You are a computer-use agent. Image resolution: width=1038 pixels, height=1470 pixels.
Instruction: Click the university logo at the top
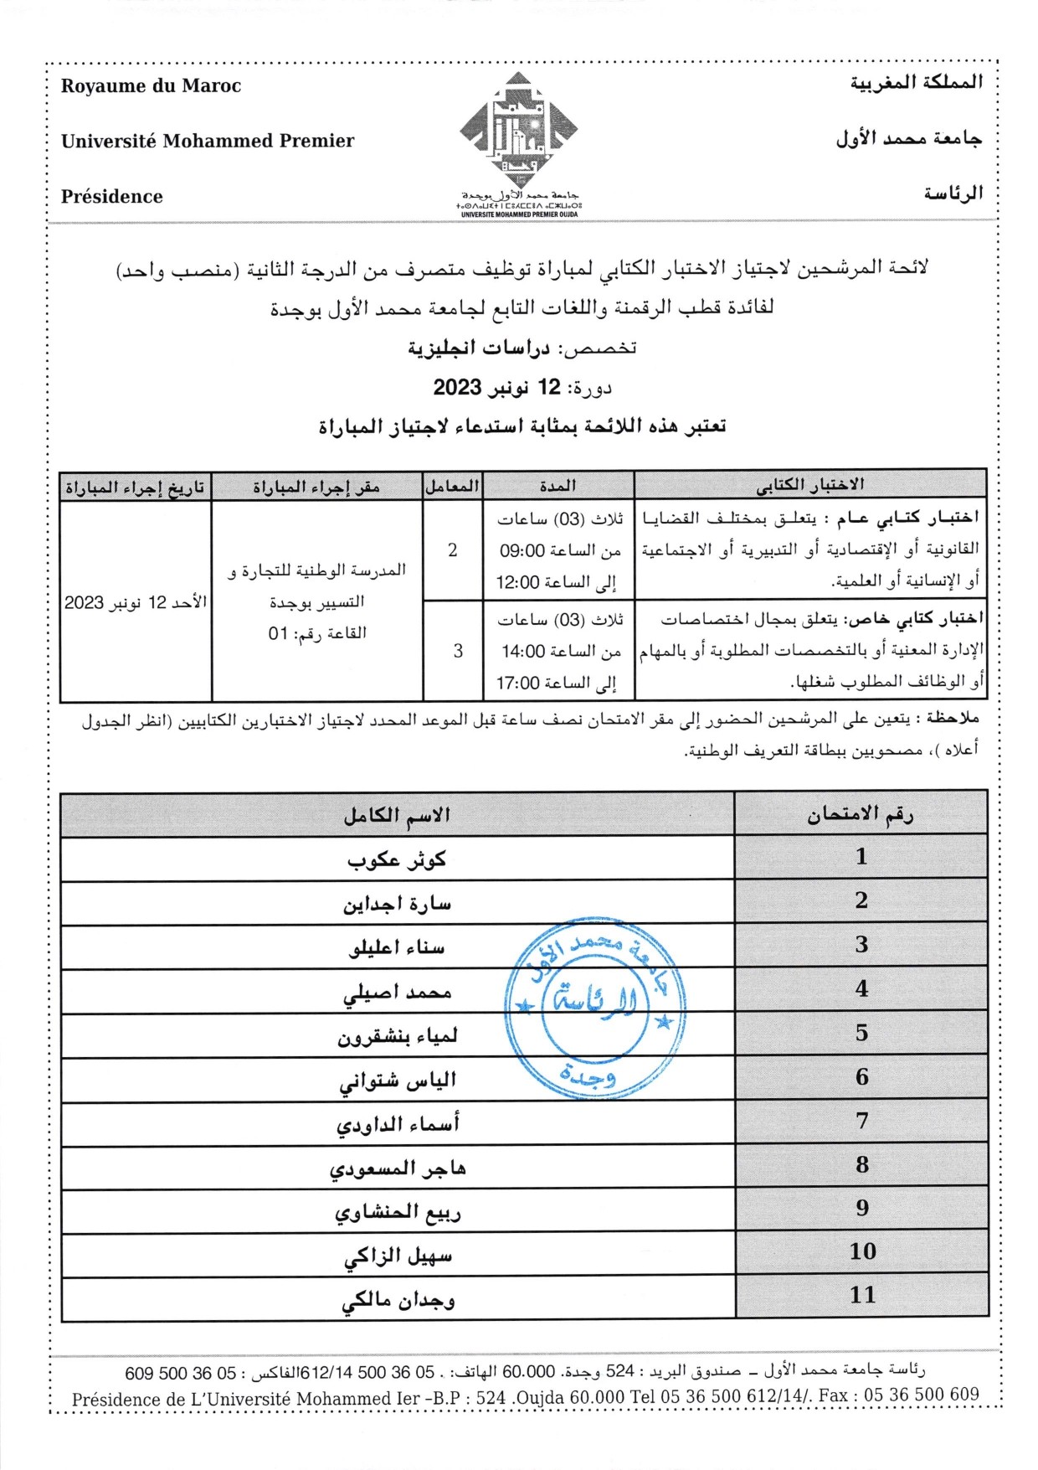(x=519, y=134)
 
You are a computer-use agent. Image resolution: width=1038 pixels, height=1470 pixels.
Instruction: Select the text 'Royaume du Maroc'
(x=151, y=86)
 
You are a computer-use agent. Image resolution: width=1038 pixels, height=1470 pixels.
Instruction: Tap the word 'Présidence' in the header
(x=112, y=197)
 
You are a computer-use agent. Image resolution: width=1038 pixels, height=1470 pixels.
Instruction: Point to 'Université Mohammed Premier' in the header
(x=208, y=141)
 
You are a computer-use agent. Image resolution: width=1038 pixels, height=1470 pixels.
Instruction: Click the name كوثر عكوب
(x=397, y=859)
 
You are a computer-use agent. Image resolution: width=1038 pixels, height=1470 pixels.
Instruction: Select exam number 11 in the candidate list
(x=862, y=1295)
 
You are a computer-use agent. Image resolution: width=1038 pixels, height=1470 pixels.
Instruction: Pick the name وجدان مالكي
(x=398, y=1299)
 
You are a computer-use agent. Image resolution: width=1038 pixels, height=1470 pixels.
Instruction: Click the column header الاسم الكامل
(x=397, y=814)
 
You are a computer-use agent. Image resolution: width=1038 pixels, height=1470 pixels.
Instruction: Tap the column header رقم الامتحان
(x=861, y=814)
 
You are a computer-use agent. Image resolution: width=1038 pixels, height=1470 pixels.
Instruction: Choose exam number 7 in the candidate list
(x=862, y=1121)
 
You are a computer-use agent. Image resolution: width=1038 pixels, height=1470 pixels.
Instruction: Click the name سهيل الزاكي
(x=398, y=1256)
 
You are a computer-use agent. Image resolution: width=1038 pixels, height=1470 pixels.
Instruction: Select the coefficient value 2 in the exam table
(x=452, y=550)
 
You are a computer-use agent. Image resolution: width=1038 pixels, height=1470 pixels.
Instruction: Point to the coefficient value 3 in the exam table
(x=458, y=651)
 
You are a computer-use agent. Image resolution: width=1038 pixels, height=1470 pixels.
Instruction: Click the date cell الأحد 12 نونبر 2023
(x=136, y=602)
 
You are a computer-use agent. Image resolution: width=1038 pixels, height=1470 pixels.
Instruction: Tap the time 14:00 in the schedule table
(x=524, y=651)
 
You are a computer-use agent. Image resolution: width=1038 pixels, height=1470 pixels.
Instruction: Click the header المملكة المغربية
(x=916, y=83)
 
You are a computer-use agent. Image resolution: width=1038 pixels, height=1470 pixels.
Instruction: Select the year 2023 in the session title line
(x=457, y=387)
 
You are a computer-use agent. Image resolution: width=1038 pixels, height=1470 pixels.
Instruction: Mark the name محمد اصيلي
(x=397, y=993)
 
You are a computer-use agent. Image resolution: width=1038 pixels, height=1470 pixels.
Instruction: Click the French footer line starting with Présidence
(x=525, y=1398)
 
